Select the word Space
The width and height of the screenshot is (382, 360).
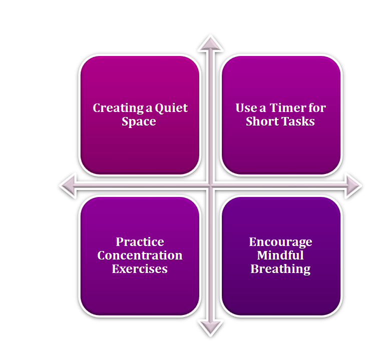coord(139,121)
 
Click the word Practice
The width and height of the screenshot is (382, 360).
coord(140,242)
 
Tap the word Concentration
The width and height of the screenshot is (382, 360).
coord(140,255)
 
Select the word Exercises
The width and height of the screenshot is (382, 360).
coord(140,269)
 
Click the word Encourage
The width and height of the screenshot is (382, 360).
coord(280,242)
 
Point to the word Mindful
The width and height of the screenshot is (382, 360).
coord(280,255)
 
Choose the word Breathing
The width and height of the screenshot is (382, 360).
coord(280,269)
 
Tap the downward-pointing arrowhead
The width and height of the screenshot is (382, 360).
coord(210,328)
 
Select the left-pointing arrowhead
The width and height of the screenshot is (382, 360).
coord(67,185)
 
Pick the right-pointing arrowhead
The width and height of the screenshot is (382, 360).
coord(353,185)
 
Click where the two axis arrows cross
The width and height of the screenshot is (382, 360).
coord(210,185)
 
